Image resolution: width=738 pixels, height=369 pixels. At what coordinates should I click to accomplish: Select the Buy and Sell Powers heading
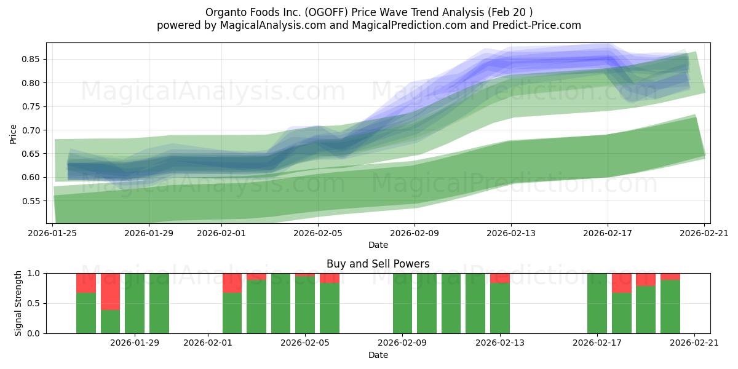pyautogui.click(x=378, y=264)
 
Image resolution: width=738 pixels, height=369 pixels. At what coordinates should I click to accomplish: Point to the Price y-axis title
pyautogui.click(x=14, y=133)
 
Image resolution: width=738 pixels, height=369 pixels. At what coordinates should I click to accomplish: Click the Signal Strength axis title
pyautogui.click(x=18, y=303)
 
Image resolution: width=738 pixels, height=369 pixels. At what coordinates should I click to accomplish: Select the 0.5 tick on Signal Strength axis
pyautogui.click(x=34, y=303)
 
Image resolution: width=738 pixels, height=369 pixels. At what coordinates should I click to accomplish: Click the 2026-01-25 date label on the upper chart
pyautogui.click(x=52, y=233)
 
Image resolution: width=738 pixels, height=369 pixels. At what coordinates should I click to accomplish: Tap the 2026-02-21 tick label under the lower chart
pyautogui.click(x=694, y=343)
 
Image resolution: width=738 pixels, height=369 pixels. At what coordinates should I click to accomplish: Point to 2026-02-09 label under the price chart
pyautogui.click(x=414, y=233)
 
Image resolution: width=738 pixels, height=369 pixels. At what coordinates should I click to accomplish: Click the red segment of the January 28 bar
pyautogui.click(x=110, y=292)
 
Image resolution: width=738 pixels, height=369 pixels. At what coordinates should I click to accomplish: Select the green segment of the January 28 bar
pyautogui.click(x=110, y=322)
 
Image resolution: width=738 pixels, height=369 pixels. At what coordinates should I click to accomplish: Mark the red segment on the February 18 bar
pyautogui.click(x=621, y=283)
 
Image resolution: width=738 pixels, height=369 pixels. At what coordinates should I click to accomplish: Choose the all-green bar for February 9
pyautogui.click(x=402, y=303)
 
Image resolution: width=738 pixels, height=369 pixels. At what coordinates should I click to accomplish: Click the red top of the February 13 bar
pyautogui.click(x=499, y=278)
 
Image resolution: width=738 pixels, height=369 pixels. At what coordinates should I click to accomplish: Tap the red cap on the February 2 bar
pyautogui.click(x=232, y=283)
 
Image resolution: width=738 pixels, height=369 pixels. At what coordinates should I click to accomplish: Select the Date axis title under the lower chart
pyautogui.click(x=378, y=355)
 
